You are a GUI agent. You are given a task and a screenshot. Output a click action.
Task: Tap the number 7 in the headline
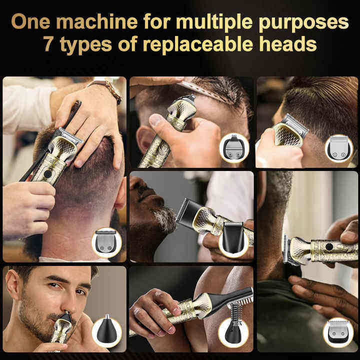tap(48, 43)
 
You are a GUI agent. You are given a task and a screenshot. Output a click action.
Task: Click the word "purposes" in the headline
tap(304, 23)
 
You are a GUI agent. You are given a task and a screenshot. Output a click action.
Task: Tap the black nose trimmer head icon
tap(107, 330)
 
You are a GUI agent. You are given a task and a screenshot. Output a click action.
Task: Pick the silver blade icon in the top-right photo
tap(338, 148)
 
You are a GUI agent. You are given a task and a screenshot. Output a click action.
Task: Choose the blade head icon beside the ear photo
tap(234, 147)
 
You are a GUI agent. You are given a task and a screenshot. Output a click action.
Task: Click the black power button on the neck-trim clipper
tap(329, 247)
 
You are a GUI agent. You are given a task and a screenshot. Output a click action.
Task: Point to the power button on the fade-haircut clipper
tap(47, 174)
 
